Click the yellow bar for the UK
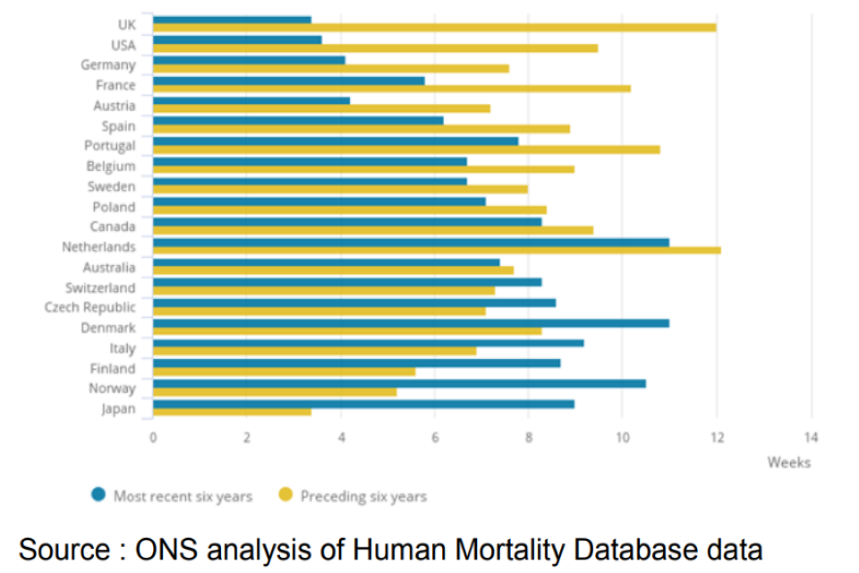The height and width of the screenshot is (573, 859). pos(434,28)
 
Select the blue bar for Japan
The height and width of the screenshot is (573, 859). pos(363,404)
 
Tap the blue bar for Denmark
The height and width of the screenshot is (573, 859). pos(411,322)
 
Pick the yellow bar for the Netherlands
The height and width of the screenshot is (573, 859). pos(437,250)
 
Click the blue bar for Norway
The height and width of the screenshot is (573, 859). pos(399,383)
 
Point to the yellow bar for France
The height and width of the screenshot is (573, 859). pos(392,89)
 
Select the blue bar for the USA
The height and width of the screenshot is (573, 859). pos(237,39)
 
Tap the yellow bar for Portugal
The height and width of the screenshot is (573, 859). pos(406,150)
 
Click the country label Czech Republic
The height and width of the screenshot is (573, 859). pos(90,308)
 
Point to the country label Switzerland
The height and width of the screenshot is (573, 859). pos(100,287)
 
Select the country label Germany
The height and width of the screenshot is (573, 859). pos(108,65)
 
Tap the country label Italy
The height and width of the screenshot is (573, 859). pos(123,348)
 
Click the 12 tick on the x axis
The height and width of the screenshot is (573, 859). pos(717,438)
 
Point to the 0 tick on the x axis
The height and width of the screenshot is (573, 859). pos(153,438)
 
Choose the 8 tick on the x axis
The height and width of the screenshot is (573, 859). pos(529,438)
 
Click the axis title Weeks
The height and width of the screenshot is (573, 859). pos(788,463)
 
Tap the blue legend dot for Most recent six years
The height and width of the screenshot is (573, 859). pos(98,495)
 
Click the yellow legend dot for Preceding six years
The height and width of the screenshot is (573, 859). pos(286,495)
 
